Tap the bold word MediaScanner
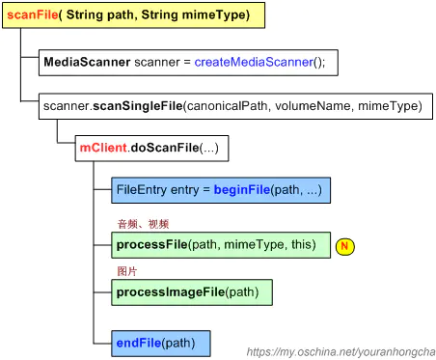tap(87, 62)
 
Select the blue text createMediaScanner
tap(254, 62)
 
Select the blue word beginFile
tap(240, 190)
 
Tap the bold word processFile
tap(151, 245)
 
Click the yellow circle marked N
tap(345, 246)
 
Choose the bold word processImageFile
tap(170, 291)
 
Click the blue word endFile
tap(137, 343)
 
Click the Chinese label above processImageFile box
tap(125, 271)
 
